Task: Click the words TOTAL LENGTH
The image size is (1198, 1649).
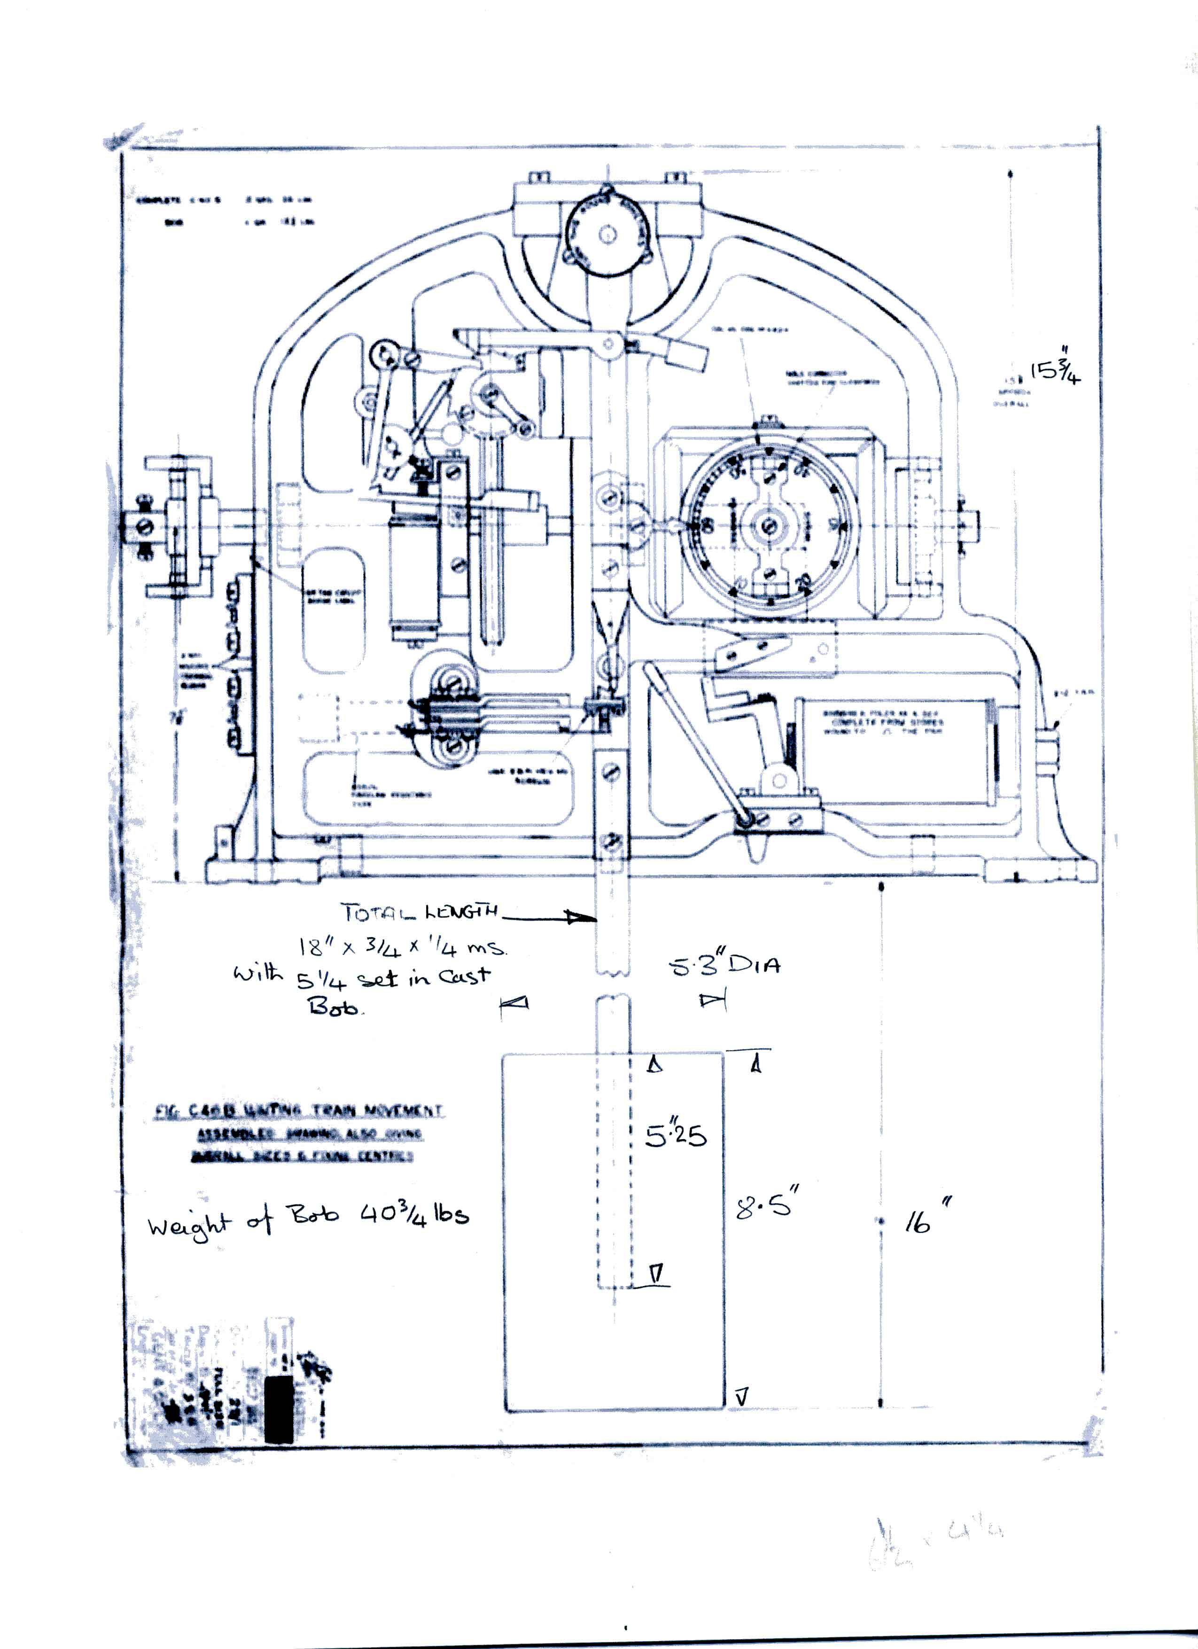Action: pyautogui.click(x=420, y=911)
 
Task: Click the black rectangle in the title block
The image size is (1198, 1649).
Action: pyautogui.click(x=279, y=1408)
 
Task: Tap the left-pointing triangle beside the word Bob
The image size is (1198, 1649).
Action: pyautogui.click(x=515, y=1003)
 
